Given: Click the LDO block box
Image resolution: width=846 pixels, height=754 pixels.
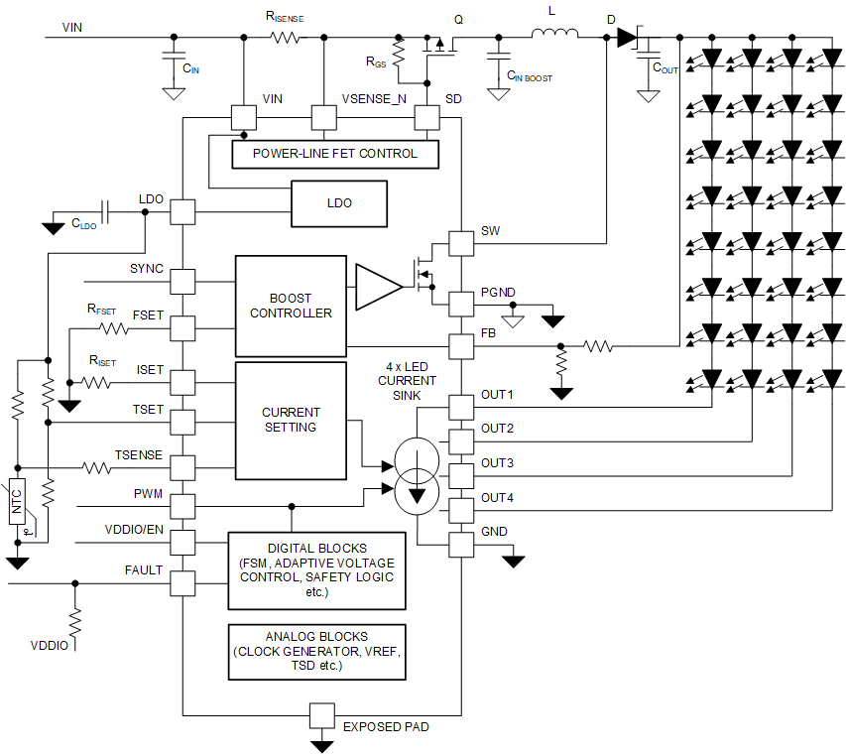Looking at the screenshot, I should pos(338,202).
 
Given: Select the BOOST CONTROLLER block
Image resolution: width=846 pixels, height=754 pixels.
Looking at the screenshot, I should pos(290,306).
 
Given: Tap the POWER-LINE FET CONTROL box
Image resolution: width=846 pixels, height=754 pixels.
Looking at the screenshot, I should pos(334,154).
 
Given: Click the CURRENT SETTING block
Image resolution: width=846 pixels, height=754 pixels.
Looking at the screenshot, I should pos(290,420).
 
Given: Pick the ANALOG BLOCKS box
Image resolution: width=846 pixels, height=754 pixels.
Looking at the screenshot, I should pos(316,651).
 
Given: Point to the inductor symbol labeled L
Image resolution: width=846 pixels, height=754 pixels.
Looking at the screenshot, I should pos(555,37).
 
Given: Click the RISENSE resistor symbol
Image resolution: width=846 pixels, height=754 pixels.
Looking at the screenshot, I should pos(285,38).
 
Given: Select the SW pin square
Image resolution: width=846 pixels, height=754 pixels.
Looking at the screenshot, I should pos(460,243).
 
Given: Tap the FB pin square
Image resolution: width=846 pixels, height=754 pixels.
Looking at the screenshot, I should pos(460,346).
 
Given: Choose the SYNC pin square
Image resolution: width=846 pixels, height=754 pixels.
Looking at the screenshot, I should pos(182,281).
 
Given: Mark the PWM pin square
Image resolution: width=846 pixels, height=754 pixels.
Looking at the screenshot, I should pos(182,506).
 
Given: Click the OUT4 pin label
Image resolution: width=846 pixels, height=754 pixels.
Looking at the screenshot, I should pos(497,497).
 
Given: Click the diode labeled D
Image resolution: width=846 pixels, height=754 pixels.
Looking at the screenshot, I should pos(626,38).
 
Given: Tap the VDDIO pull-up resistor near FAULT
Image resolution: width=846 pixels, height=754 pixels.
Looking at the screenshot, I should pos(74,622).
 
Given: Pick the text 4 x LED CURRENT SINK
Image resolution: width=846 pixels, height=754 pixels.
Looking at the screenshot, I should pos(406,380).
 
